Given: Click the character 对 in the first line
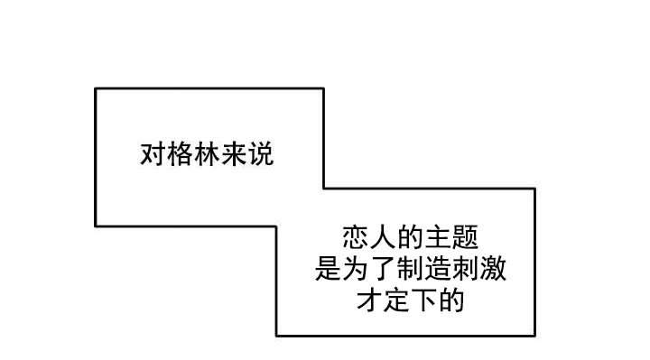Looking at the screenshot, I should point(153,154).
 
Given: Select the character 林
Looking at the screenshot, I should point(207,154).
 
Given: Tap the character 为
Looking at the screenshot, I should point(356,270).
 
